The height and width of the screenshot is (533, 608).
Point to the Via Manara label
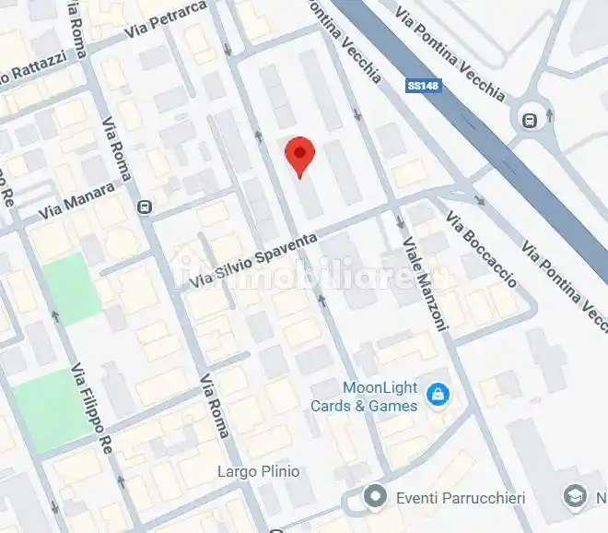(x=77, y=201)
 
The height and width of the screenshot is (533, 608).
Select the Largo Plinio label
(x=258, y=471)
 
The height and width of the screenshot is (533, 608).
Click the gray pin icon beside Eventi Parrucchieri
(x=374, y=498)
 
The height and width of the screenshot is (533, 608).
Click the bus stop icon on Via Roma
(x=145, y=207)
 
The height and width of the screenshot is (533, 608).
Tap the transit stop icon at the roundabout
(x=530, y=119)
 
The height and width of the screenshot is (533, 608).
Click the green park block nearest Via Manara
(x=72, y=288)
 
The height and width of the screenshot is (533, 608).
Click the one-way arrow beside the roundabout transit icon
(x=550, y=115)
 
